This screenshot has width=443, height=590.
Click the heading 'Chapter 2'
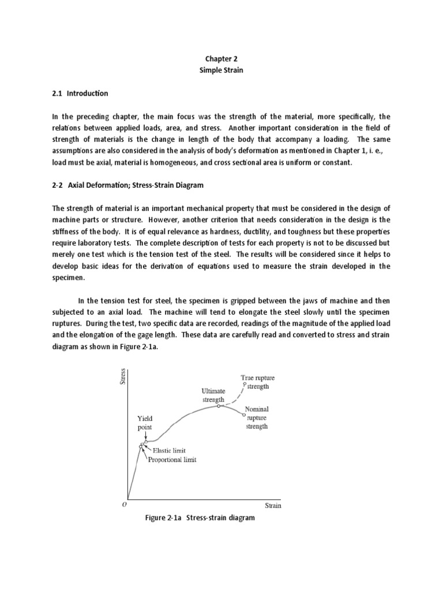tap(221, 58)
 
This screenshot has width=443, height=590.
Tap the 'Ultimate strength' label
tap(213, 395)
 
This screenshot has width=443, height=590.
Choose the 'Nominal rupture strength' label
tap(257, 417)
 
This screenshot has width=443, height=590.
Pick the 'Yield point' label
tap(145, 423)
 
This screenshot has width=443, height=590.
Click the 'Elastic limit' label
tap(168, 451)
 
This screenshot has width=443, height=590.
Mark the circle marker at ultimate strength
tap(218, 406)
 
